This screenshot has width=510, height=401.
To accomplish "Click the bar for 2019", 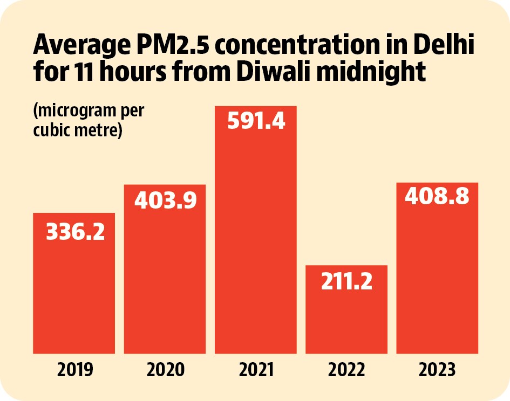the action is pyautogui.click(x=74, y=283).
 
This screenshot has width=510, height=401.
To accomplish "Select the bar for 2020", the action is pyautogui.click(x=165, y=269).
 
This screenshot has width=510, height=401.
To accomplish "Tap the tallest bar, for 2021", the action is pyautogui.click(x=256, y=230).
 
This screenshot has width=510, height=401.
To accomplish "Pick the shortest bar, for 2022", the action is pyautogui.click(x=346, y=309).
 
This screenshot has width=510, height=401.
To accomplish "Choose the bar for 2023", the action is pyautogui.click(x=437, y=268).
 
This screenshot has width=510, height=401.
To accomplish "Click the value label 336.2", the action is pyautogui.click(x=76, y=232).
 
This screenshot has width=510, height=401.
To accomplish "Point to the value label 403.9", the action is pyautogui.click(x=166, y=200).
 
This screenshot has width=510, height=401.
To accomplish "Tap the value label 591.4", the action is pyautogui.click(x=256, y=121).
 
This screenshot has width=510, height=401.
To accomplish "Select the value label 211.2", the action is pyautogui.click(x=346, y=281).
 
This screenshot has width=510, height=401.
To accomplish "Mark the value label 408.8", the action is pyautogui.click(x=437, y=196).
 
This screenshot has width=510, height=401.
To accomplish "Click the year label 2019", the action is pyautogui.click(x=75, y=370).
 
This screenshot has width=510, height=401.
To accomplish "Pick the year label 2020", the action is pyautogui.click(x=166, y=370).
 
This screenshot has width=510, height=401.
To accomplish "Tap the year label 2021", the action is pyautogui.click(x=256, y=370).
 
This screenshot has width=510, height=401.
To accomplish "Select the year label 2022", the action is pyautogui.click(x=346, y=370).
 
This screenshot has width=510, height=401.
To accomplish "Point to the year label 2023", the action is pyautogui.click(x=437, y=370).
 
